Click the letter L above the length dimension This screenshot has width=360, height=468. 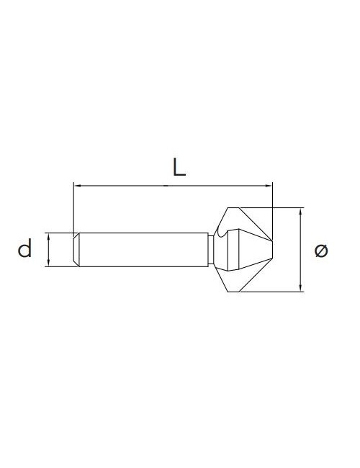point(179,167)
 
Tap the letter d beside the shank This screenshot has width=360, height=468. point(25,250)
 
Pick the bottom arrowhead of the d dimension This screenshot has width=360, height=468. point(48,264)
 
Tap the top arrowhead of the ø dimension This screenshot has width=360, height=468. point(300,211)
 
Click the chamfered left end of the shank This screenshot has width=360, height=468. point(76,250)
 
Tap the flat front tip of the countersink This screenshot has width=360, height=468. point(272,245)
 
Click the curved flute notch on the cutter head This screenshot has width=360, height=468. point(230,233)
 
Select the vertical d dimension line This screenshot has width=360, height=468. point(48,250)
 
